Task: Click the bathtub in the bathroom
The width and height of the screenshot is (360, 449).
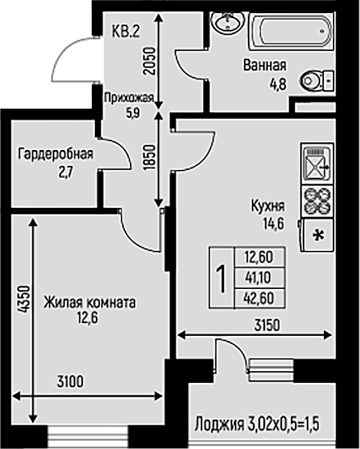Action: pos(292,31)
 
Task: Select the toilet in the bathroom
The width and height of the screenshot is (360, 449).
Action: pos(317,80)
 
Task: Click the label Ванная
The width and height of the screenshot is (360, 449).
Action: pos(265,65)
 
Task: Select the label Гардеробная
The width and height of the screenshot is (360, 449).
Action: pos(55,154)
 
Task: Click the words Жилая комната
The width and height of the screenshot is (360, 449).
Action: pos(89,303)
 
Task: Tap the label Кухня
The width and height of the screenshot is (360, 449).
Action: pos(268,207)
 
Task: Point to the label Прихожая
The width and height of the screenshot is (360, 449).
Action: pos(129,98)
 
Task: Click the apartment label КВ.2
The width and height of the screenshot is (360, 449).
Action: pos(126,31)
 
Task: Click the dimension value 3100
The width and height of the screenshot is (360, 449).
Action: pos(70,382)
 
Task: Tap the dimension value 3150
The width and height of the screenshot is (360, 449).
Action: pos(267,325)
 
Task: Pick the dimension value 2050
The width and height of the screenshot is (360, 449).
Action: pos(150,61)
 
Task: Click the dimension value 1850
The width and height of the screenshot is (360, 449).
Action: pos(150,158)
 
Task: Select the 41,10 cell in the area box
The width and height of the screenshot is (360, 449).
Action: pos(258,278)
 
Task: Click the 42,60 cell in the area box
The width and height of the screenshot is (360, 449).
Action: pos(258,298)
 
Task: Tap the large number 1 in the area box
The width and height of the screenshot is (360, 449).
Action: pos(221,278)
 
